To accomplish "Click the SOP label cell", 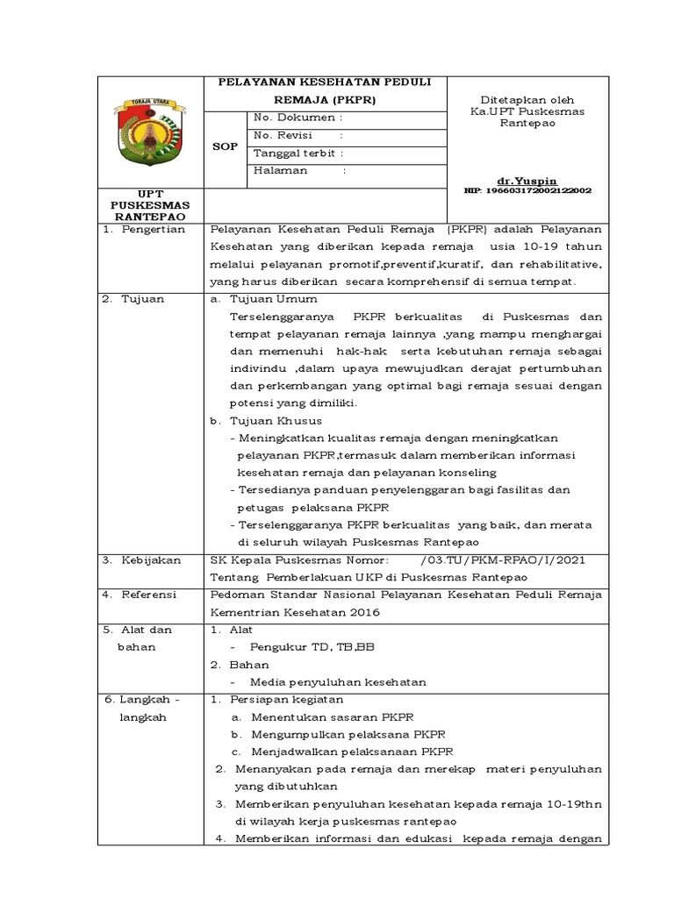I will point(226,146).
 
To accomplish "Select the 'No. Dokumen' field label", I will point(295,118).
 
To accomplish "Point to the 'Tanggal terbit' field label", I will point(292,153).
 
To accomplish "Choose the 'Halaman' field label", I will point(280,171).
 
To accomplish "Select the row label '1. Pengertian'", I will point(144,230).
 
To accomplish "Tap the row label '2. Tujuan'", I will point(133,299).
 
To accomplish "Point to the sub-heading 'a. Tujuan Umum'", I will point(255,299).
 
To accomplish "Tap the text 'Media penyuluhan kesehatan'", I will point(338,681).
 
